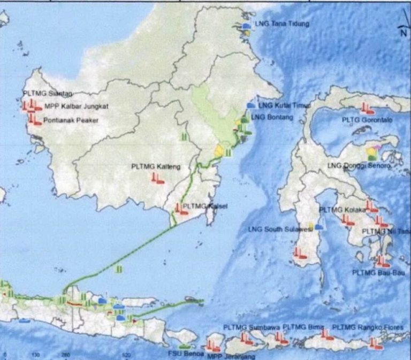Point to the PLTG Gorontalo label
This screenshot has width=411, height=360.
[x=367, y=121]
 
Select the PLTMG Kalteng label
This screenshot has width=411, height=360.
[x=156, y=167]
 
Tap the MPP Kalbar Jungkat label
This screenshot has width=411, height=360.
[x=76, y=106]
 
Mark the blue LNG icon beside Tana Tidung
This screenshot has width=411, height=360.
[x=246, y=25]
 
